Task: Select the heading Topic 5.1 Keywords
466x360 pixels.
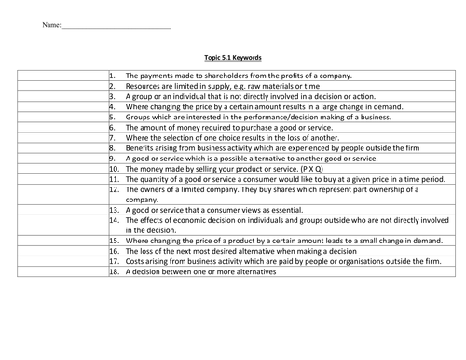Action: click(232, 56)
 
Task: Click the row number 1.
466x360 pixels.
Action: click(112, 74)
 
